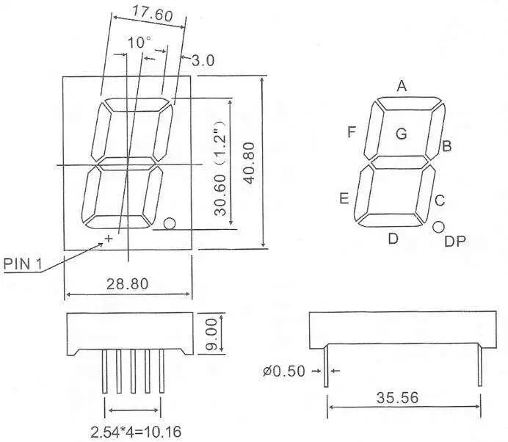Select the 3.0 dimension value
pyautogui.click(x=203, y=62)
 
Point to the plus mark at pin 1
pyautogui.click(x=109, y=238)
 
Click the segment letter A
pyautogui.click(x=402, y=86)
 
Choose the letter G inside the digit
pyautogui.click(x=401, y=134)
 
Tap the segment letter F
pyautogui.click(x=352, y=132)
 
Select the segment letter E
pyautogui.click(x=344, y=198)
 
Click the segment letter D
pyautogui.click(x=393, y=238)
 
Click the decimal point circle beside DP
pyautogui.click(x=439, y=228)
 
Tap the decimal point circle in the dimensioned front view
pyautogui.click(x=170, y=223)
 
